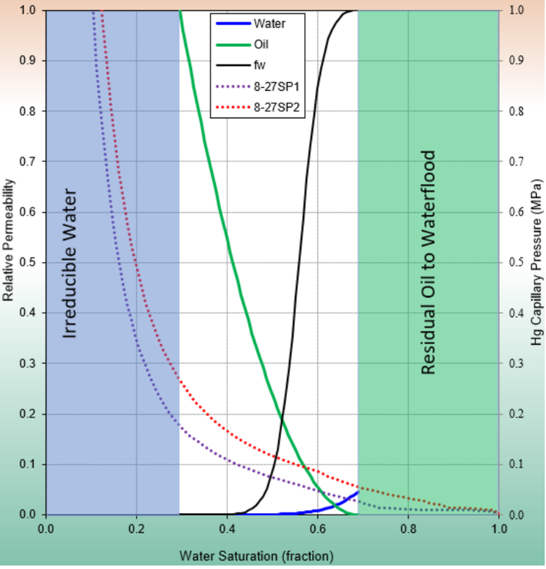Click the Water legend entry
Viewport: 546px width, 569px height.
pos(269,24)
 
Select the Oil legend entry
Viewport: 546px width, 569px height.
pos(261,44)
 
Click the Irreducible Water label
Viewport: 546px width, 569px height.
pos(69,254)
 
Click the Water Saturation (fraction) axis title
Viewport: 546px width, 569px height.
pos(256,556)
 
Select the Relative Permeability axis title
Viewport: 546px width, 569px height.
pos(8,240)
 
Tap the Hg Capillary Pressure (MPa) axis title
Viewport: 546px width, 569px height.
pos(537,265)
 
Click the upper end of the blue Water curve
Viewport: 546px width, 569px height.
pos(358,492)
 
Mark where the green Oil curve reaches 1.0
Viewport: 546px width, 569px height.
pos(180,11)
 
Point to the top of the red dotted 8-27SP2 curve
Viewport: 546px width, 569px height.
pos(101,12)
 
